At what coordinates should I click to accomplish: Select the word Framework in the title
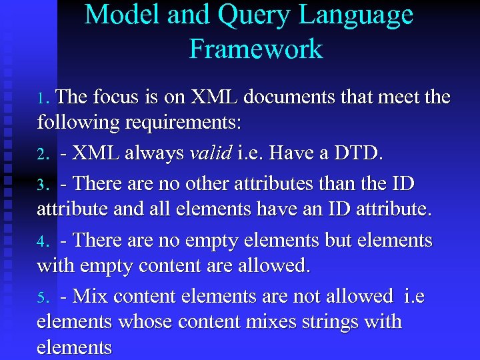tap(255, 49)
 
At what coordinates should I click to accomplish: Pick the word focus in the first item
tap(115, 97)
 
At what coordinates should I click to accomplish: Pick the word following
tap(74, 124)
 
